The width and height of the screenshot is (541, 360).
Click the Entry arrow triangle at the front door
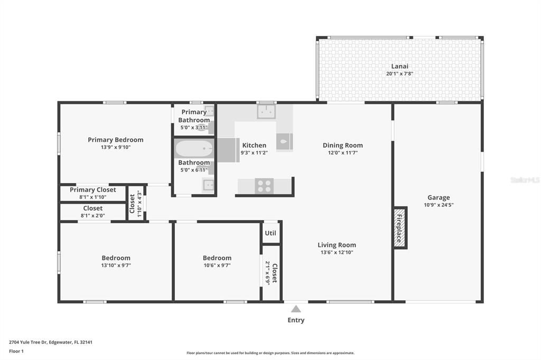[296, 309]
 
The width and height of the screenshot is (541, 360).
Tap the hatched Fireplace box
[400, 228]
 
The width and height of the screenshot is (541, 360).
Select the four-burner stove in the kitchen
[264, 186]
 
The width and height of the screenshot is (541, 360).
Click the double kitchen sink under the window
[266, 111]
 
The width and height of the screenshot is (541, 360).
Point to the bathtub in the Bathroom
[194, 149]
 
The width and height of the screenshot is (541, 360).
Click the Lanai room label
[399, 66]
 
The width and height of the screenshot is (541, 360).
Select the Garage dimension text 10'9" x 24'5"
[439, 205]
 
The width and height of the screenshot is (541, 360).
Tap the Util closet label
[270, 233]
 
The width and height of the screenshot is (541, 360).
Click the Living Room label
[337, 245]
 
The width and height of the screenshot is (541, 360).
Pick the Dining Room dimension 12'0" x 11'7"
[343, 153]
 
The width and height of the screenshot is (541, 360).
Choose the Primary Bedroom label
[115, 140]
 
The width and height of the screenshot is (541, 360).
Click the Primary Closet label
[93, 190]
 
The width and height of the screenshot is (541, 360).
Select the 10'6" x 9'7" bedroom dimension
[217, 266]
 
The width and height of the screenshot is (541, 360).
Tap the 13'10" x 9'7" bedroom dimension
[116, 266]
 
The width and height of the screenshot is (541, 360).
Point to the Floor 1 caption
[16, 350]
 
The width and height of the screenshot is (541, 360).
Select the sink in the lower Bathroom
[209, 185]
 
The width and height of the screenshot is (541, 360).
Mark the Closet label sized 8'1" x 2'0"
[93, 208]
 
